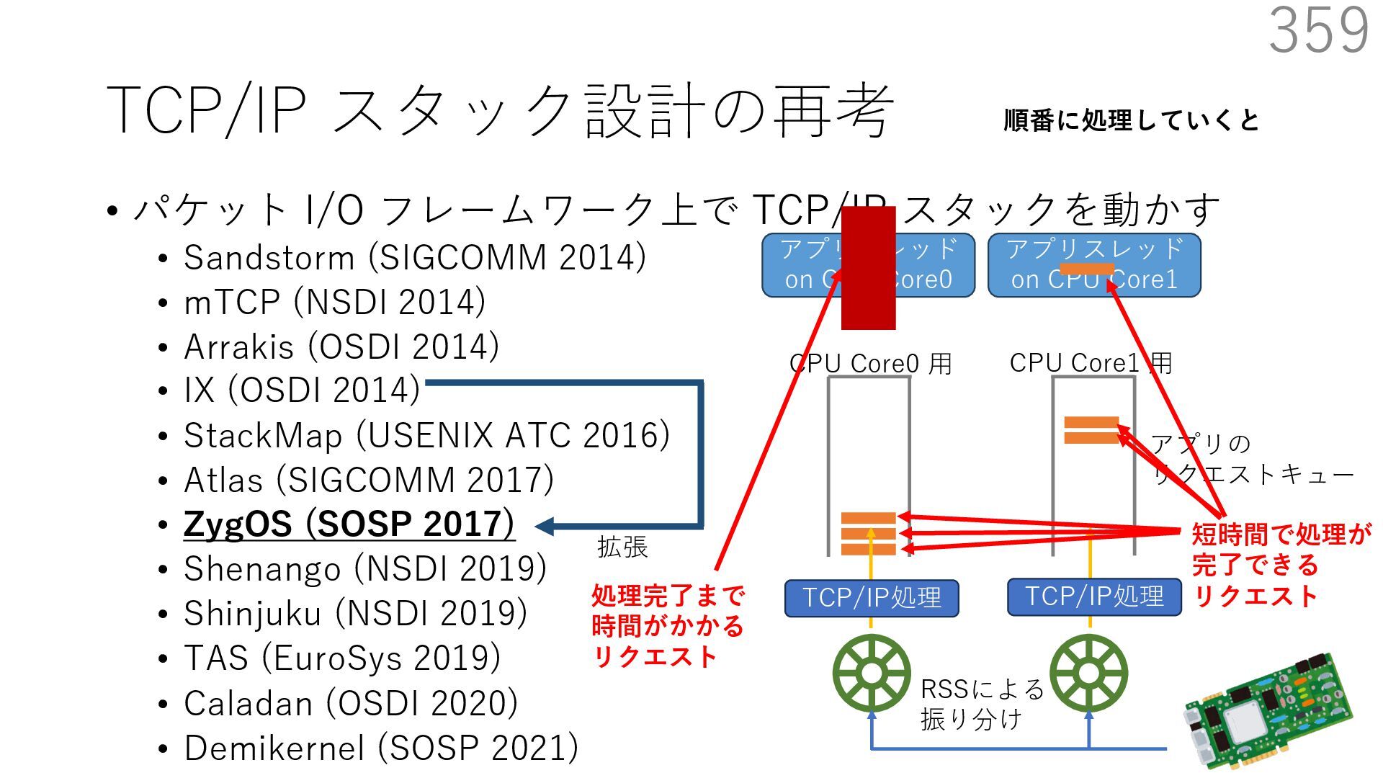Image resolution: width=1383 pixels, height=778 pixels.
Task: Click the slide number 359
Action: coord(1318,30)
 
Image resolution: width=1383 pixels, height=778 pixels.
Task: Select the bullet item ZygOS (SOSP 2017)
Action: coord(349,524)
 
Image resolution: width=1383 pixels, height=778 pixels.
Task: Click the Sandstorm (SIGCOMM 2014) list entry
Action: coord(414,257)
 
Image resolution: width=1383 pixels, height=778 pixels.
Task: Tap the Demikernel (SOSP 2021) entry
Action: coord(381,748)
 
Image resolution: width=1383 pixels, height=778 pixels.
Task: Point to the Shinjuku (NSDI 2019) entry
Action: coord(355,613)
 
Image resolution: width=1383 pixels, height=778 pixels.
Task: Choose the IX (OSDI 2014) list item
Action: coord(302,390)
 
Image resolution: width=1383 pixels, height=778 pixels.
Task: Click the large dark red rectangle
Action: coord(868,268)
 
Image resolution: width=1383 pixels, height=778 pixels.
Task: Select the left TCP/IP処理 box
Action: coord(872,598)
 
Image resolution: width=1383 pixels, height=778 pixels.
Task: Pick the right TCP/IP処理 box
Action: coord(1094,597)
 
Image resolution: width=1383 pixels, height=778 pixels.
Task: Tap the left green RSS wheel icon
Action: coord(872,674)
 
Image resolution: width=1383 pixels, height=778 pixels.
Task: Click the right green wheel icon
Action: coord(1088,674)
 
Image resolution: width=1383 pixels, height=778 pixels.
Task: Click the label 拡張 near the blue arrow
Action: coord(622,547)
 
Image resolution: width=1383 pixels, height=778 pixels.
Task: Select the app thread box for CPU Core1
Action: coord(1094,264)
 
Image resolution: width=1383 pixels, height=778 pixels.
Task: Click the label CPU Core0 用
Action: coord(871,363)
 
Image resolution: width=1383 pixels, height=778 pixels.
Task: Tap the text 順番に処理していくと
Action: coord(1131,120)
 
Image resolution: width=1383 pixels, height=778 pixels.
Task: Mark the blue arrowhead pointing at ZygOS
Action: coord(545,527)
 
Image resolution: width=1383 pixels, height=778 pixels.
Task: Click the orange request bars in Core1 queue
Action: coord(1091,430)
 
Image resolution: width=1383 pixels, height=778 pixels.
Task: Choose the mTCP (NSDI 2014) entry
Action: coord(334,302)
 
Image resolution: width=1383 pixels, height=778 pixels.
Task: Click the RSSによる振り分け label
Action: coord(981,704)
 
